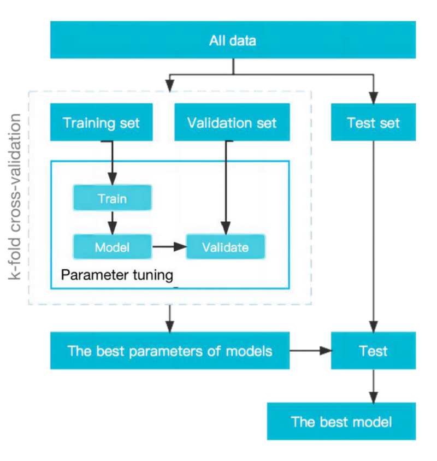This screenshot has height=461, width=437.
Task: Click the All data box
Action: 233,40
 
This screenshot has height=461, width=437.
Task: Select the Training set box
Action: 101,122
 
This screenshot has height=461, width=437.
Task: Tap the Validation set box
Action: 232,122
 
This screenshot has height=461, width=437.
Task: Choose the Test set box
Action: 374,122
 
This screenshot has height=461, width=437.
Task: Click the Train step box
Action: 112,198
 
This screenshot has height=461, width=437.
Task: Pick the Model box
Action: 112,247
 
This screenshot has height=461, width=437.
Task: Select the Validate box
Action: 225,247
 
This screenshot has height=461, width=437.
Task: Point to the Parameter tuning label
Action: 117,274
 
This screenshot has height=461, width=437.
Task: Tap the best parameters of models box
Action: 169,350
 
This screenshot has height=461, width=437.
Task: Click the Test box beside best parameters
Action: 374,350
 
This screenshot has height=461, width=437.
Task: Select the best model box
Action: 341,422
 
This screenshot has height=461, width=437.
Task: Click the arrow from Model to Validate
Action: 169,247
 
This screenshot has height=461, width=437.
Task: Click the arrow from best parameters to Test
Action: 311,351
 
